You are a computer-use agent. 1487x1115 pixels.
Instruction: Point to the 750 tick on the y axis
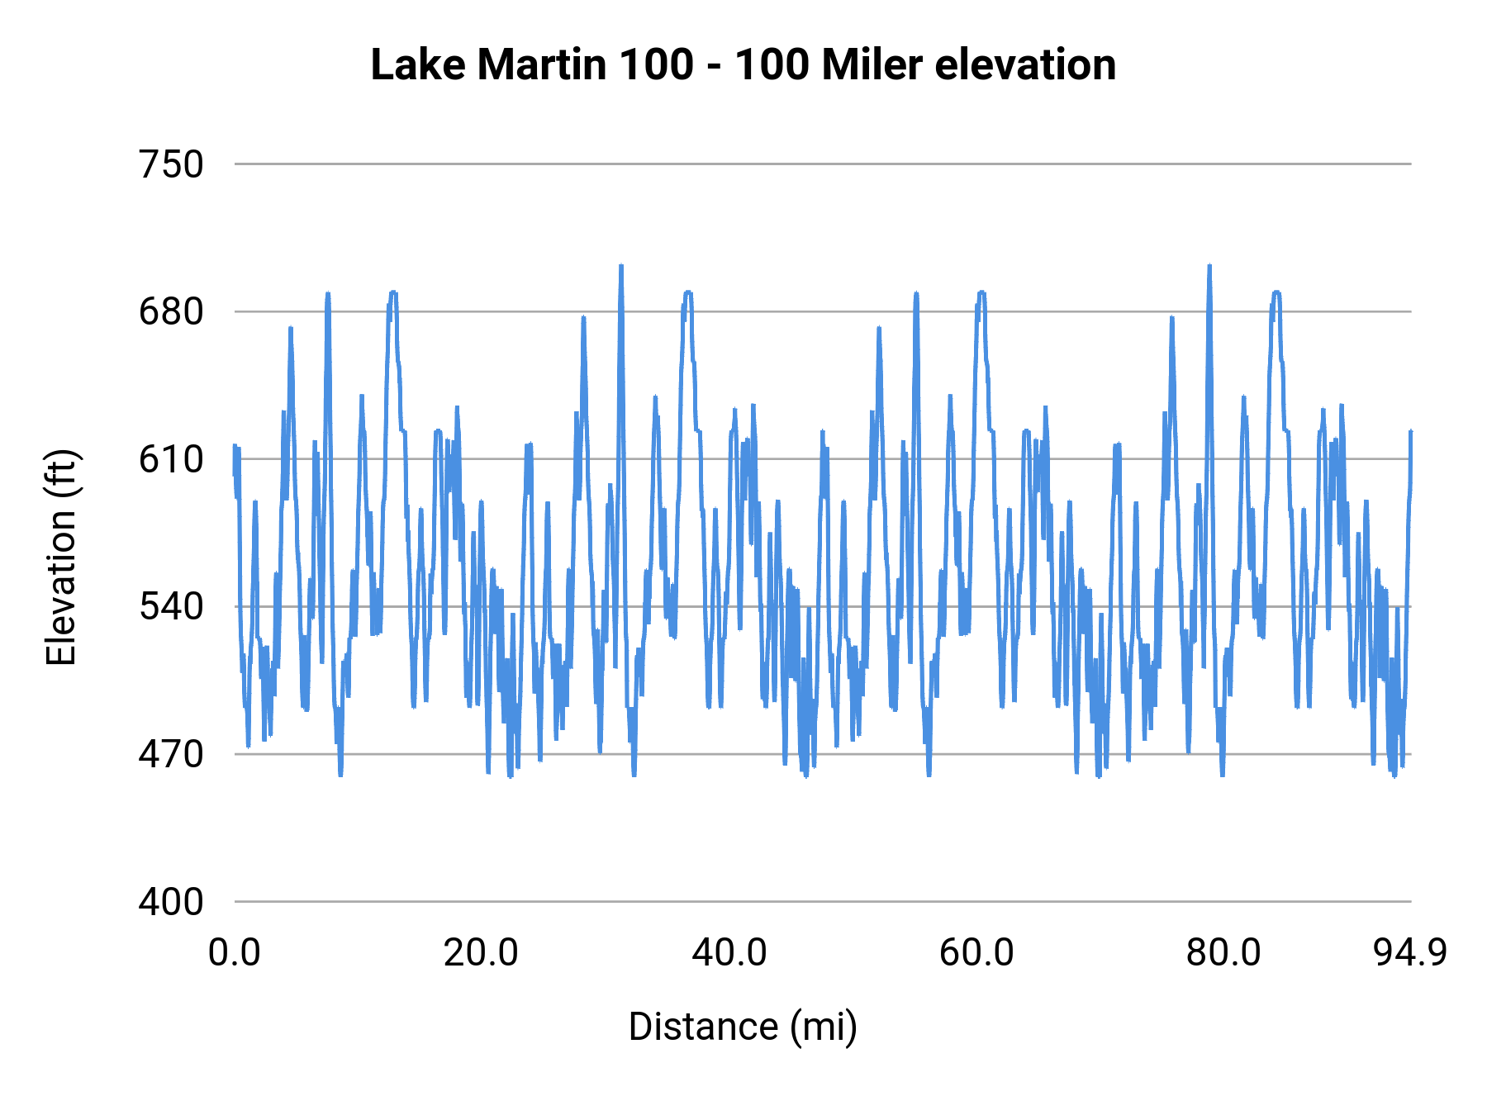point(171,164)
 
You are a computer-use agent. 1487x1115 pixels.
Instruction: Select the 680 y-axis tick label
point(171,312)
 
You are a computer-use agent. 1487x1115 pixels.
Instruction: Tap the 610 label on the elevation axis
point(171,459)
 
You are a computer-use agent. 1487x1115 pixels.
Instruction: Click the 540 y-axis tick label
point(171,606)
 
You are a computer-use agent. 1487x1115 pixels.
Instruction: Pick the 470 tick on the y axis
point(171,754)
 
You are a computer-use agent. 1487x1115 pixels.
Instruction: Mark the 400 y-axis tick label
point(171,901)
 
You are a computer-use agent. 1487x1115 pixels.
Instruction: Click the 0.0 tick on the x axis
point(235,952)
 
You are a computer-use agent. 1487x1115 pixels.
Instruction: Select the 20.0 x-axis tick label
point(481,952)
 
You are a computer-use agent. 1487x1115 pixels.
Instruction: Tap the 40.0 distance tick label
point(729,952)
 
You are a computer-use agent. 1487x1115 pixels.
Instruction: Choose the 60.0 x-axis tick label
point(976,952)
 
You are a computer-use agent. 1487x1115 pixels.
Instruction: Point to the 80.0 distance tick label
point(1223,952)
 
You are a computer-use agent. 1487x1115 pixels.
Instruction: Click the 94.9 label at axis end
point(1410,952)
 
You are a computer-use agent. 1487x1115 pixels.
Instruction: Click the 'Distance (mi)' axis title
point(743,1027)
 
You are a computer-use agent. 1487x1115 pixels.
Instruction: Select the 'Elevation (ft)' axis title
point(61,557)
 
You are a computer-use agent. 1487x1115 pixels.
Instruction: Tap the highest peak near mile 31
point(620,267)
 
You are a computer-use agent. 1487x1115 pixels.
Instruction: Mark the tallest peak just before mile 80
point(1209,267)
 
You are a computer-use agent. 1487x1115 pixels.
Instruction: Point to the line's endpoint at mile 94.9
point(1411,432)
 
